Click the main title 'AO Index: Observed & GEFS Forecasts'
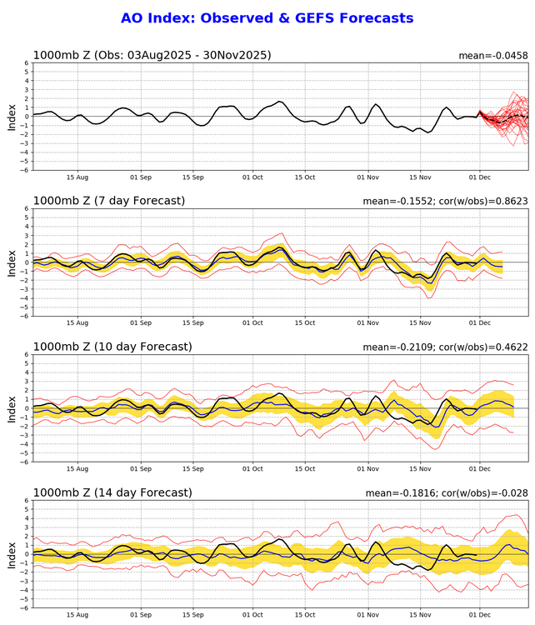coord(267,17)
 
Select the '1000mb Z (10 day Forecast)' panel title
coord(113,346)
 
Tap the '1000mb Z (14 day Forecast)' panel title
coord(113,492)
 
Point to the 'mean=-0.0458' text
coord(493,56)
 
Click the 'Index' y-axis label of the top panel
coord(12,117)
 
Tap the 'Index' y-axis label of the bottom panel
coord(12,554)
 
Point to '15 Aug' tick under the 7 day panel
coord(77,322)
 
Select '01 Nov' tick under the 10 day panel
coord(367,468)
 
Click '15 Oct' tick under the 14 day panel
coord(304,614)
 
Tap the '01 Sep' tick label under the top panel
coord(141,177)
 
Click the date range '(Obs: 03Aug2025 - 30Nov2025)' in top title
coord(182,56)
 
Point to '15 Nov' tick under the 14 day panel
coord(420,614)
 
